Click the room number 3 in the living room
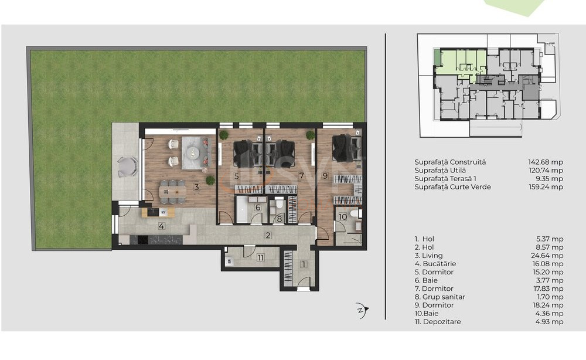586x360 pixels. [x=197, y=188]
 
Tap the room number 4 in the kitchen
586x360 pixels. [x=160, y=225]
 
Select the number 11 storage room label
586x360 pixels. [x=260, y=257]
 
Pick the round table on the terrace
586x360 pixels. [x=127, y=166]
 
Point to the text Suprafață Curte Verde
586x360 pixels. [x=452, y=186]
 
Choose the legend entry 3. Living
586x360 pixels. [x=428, y=256]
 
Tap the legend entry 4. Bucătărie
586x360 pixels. [x=435, y=264]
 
